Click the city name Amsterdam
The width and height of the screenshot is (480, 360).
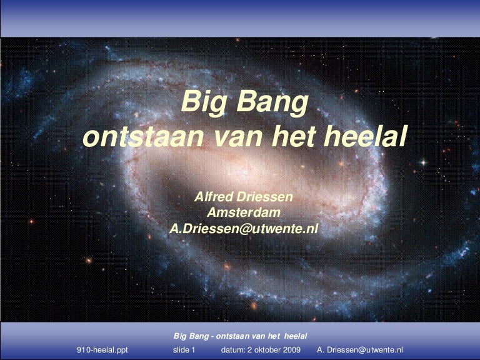click(x=244, y=213)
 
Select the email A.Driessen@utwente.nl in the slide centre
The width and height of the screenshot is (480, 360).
click(x=244, y=229)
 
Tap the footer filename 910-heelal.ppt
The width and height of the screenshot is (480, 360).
click(x=102, y=350)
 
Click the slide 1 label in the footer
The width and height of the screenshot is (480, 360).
click(x=184, y=350)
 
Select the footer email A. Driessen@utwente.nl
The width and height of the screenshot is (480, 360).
click(x=360, y=350)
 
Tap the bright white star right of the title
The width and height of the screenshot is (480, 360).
click(x=422, y=162)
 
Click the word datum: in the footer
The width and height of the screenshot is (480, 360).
click(x=234, y=350)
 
